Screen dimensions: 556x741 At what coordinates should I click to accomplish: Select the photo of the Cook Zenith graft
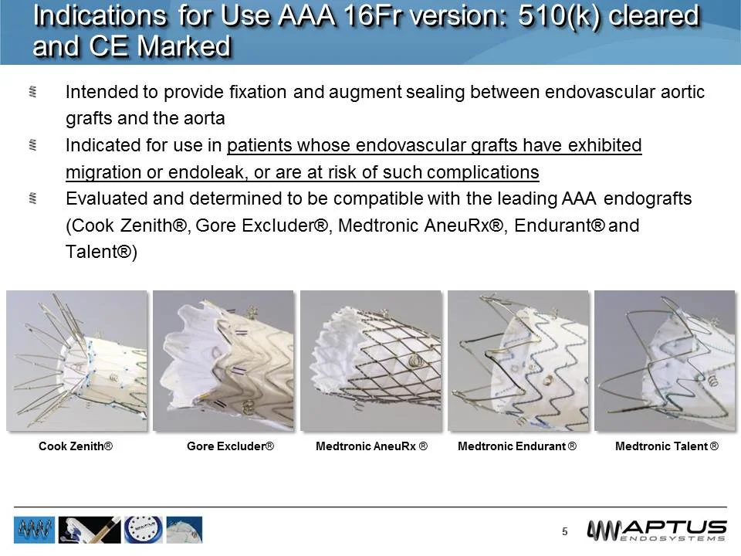76,361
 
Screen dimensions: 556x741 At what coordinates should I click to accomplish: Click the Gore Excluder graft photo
223,361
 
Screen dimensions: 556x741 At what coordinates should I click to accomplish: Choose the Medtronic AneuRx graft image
370,361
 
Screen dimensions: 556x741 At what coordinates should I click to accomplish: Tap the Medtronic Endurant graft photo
518,361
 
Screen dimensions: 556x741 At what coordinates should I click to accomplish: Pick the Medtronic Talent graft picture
665,361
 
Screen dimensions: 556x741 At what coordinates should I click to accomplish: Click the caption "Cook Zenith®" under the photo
76,447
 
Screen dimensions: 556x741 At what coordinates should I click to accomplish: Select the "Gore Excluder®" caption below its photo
231,447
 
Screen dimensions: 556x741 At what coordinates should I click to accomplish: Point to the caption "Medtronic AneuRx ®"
372,447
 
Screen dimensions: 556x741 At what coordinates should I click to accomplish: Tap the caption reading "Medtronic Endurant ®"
517,447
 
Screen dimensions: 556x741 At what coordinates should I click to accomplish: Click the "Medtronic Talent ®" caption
667,447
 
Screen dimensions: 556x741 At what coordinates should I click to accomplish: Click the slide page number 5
565,531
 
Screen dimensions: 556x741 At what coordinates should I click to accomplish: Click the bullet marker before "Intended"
33,93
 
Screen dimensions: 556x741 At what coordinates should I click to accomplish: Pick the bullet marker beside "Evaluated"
33,198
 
